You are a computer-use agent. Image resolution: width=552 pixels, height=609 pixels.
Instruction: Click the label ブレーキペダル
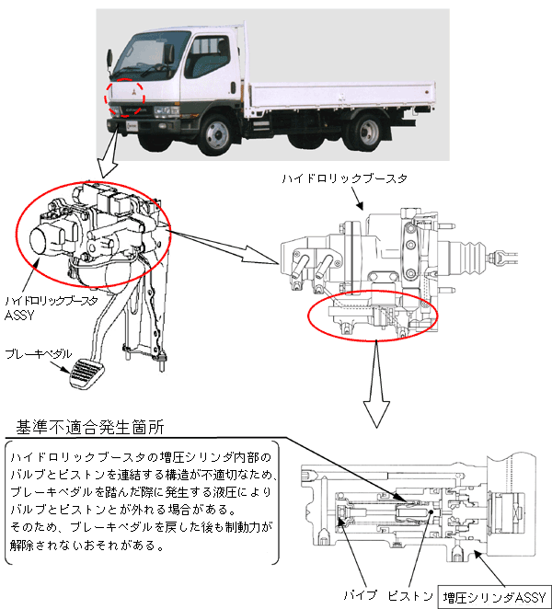[34, 353]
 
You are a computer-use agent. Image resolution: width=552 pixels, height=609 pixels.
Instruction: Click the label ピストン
[410, 596]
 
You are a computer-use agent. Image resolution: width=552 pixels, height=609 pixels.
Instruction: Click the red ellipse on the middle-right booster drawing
[373, 315]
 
